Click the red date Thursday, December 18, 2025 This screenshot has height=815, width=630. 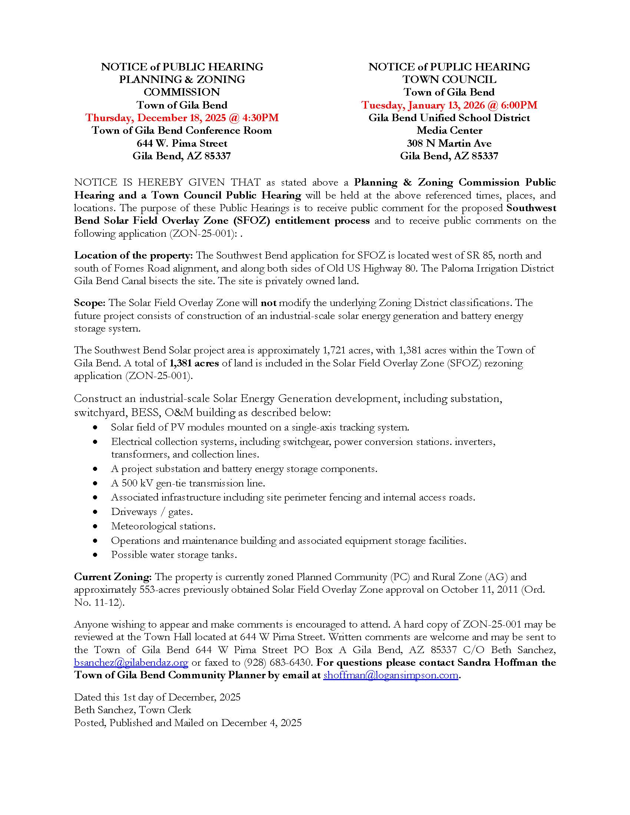(x=182, y=117)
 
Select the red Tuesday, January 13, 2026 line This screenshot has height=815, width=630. (x=449, y=105)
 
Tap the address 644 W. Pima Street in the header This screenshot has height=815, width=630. (x=182, y=143)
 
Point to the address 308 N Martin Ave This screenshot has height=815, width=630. (x=449, y=143)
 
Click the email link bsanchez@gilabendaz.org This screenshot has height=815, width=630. (x=131, y=662)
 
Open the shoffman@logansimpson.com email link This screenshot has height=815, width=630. (x=390, y=675)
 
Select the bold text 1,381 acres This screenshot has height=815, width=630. (x=194, y=363)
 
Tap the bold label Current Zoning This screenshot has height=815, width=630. (x=112, y=576)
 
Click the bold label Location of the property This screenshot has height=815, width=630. (x=133, y=255)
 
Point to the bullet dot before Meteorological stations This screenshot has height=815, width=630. (x=96, y=526)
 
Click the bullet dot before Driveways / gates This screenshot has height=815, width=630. (x=96, y=512)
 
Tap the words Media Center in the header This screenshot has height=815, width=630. (x=449, y=130)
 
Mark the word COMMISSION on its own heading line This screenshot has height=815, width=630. (x=182, y=92)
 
